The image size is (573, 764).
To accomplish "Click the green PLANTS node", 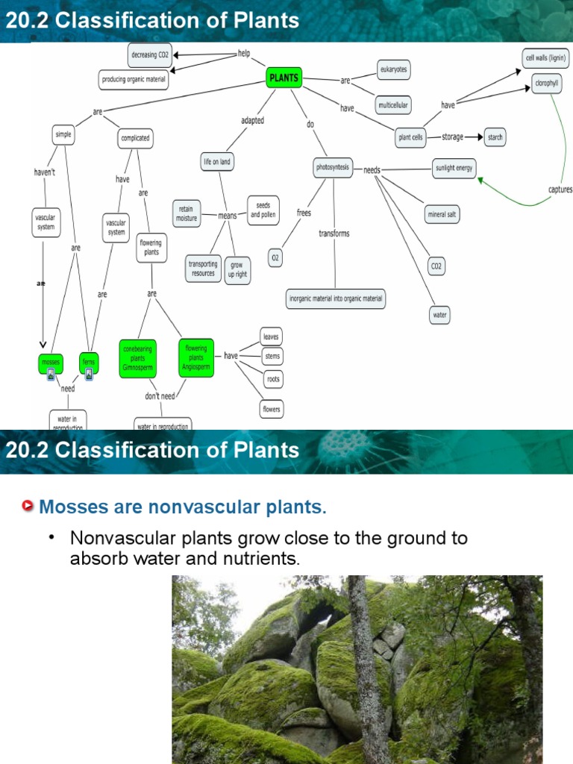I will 284,77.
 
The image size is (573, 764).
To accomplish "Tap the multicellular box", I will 392,105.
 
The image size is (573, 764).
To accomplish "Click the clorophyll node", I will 546,83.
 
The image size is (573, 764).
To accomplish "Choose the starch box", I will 495,137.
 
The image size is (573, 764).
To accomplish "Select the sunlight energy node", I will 454,168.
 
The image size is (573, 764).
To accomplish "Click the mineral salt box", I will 442,214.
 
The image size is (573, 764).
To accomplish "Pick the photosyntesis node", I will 333,168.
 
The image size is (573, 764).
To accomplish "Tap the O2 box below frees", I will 275,257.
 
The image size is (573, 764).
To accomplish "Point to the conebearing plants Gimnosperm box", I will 138,358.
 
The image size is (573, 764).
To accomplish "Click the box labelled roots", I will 273,379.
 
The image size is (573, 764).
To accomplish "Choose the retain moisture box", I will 187,213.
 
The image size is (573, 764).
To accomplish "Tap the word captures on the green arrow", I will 560,190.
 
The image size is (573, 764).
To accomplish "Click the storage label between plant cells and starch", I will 452,137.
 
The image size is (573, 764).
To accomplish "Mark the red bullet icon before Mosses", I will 28,507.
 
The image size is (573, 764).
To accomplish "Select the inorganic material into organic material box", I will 336,298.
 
